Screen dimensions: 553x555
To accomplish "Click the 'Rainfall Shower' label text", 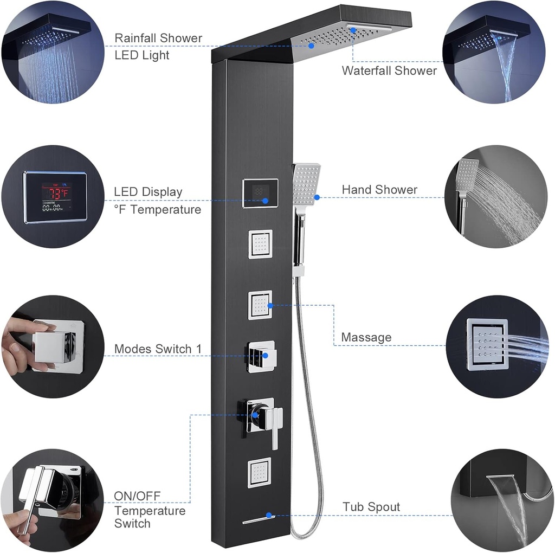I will pyautogui.click(x=158, y=38).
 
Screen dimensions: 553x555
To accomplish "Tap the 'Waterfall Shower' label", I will pyautogui.click(x=389, y=70).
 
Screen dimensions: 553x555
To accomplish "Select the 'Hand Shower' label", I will pyautogui.click(x=379, y=190).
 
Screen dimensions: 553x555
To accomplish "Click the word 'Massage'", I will pyautogui.click(x=366, y=337).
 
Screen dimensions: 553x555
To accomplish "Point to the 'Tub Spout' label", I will pyautogui.click(x=371, y=507).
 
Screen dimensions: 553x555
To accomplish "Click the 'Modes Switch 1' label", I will pyautogui.click(x=158, y=349).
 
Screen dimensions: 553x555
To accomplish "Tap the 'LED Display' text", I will pyautogui.click(x=148, y=192).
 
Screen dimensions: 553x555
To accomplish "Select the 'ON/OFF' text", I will pyautogui.click(x=137, y=496).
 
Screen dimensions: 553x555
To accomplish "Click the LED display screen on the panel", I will pyautogui.click(x=260, y=194).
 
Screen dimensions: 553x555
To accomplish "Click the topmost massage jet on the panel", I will pyautogui.click(x=260, y=244).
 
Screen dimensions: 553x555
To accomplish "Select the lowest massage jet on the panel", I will pyautogui.click(x=260, y=472).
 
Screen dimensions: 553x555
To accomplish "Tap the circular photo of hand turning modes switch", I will pyautogui.click(x=53, y=346).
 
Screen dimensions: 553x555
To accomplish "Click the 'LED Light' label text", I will pyautogui.click(x=142, y=55).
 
